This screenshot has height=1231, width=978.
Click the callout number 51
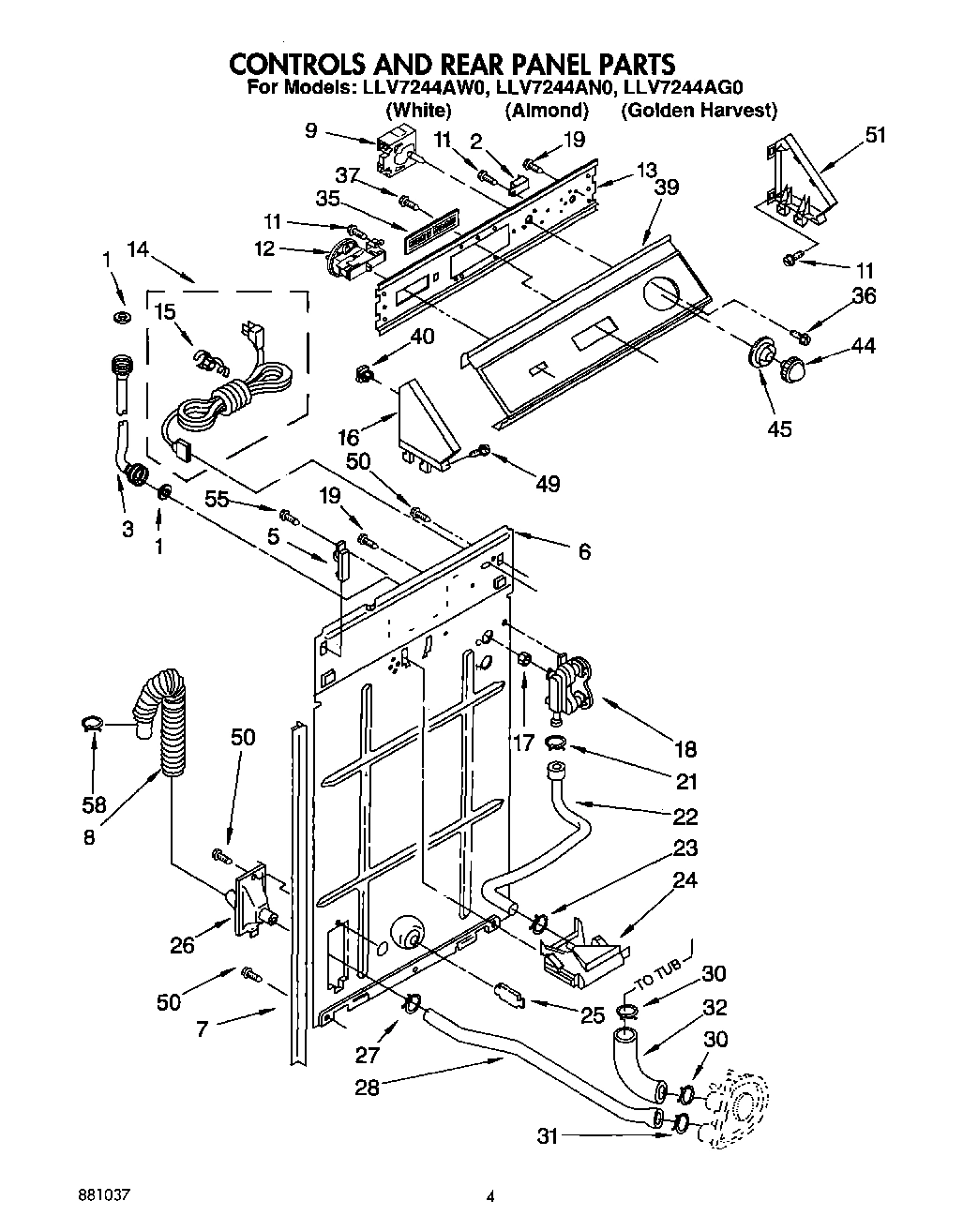[875, 135]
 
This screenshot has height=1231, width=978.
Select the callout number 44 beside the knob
[863, 345]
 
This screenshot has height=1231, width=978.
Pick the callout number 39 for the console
[666, 187]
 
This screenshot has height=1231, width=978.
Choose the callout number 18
[685, 748]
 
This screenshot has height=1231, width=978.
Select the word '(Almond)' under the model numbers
[547, 111]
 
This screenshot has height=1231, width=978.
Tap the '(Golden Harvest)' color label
[699, 111]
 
